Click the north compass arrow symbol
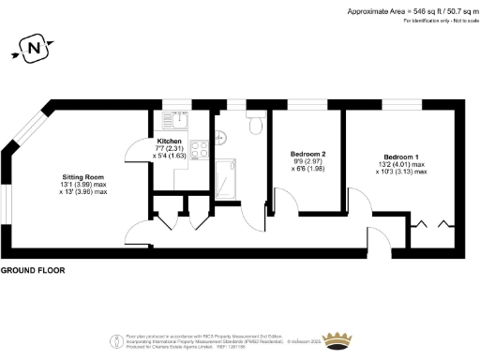coord(35,46)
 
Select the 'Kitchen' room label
coord(170,141)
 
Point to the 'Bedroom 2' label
coord(307,154)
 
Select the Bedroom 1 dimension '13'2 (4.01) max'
coord(401,165)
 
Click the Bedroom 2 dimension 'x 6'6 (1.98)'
coord(307,169)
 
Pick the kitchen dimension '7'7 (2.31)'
coord(170,148)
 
